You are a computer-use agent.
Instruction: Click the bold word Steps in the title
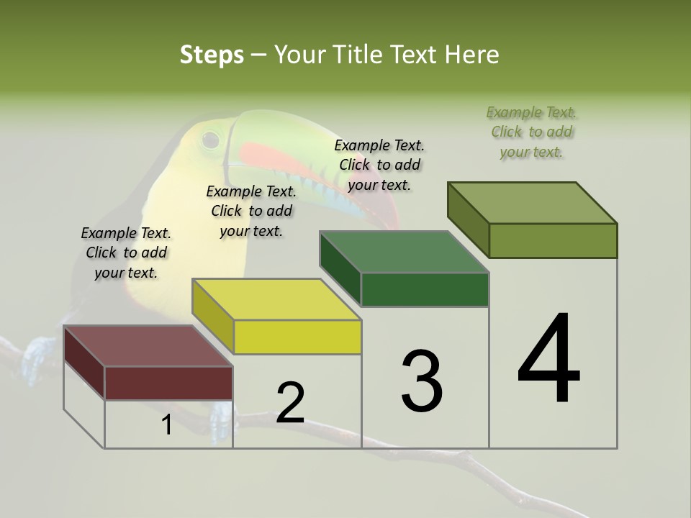point(212,55)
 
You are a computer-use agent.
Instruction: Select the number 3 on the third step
point(422,381)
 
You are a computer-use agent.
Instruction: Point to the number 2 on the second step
point(290,403)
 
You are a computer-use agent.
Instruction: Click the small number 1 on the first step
point(167,424)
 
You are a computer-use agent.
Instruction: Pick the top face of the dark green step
point(404,253)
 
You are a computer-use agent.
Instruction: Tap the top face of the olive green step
point(532,203)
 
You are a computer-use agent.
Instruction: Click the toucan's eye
point(210,137)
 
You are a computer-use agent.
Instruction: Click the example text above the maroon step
point(126,253)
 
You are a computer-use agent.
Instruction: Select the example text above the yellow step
point(251,211)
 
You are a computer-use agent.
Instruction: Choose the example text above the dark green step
point(379,165)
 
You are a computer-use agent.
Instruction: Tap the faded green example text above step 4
point(531,132)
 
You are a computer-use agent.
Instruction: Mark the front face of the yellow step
point(297,337)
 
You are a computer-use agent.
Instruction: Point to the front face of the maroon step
point(168,383)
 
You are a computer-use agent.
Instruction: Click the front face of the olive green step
point(553,240)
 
